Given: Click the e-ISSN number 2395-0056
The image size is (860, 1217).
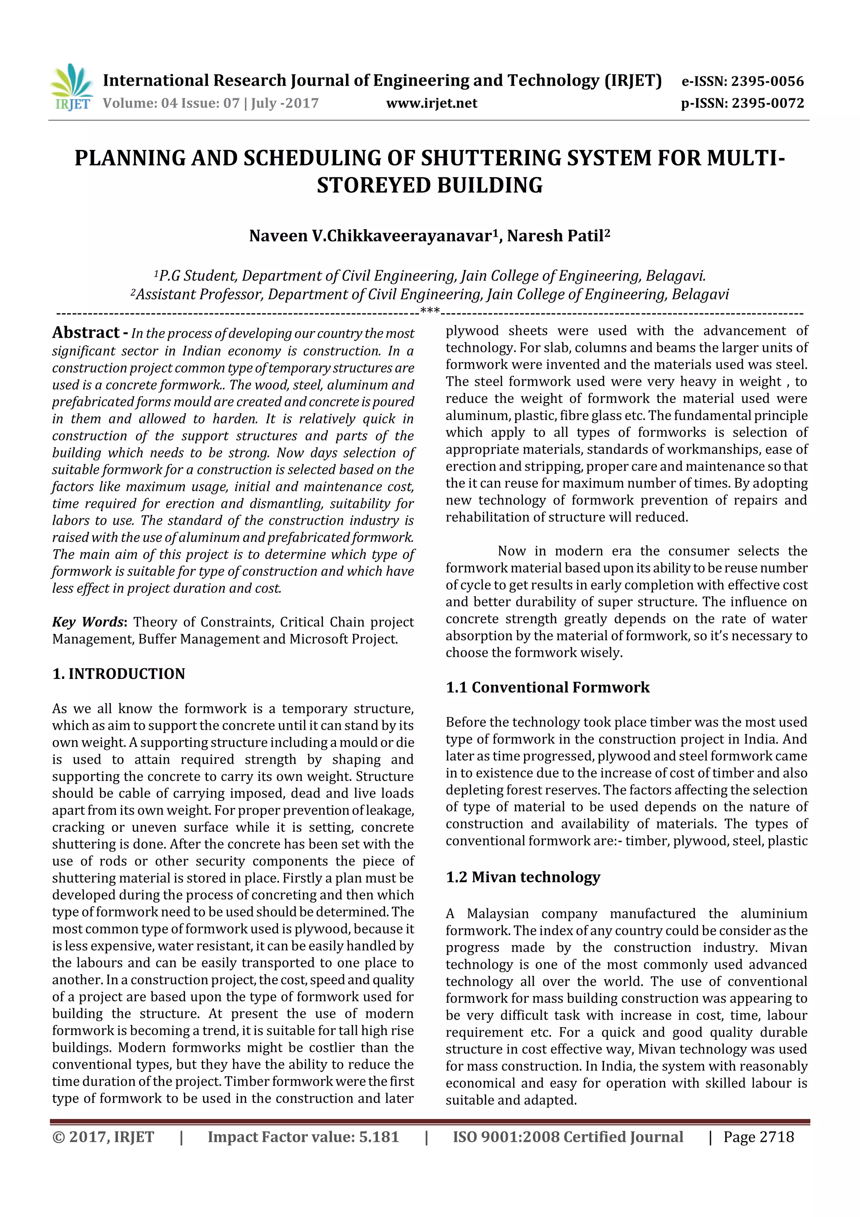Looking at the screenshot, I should point(767,81).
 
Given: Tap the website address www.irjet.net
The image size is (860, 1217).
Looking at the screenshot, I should point(431,103).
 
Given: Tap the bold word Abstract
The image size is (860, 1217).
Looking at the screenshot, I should point(86,333).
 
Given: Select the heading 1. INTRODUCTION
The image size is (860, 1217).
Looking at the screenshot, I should point(119,674).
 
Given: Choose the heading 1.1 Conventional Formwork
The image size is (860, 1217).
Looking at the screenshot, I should point(548,688).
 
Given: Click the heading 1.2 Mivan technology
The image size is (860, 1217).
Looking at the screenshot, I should point(522,877).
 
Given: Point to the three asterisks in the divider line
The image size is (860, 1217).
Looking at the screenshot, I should point(430,310).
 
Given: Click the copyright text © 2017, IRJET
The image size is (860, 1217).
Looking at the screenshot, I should point(103,1137).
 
